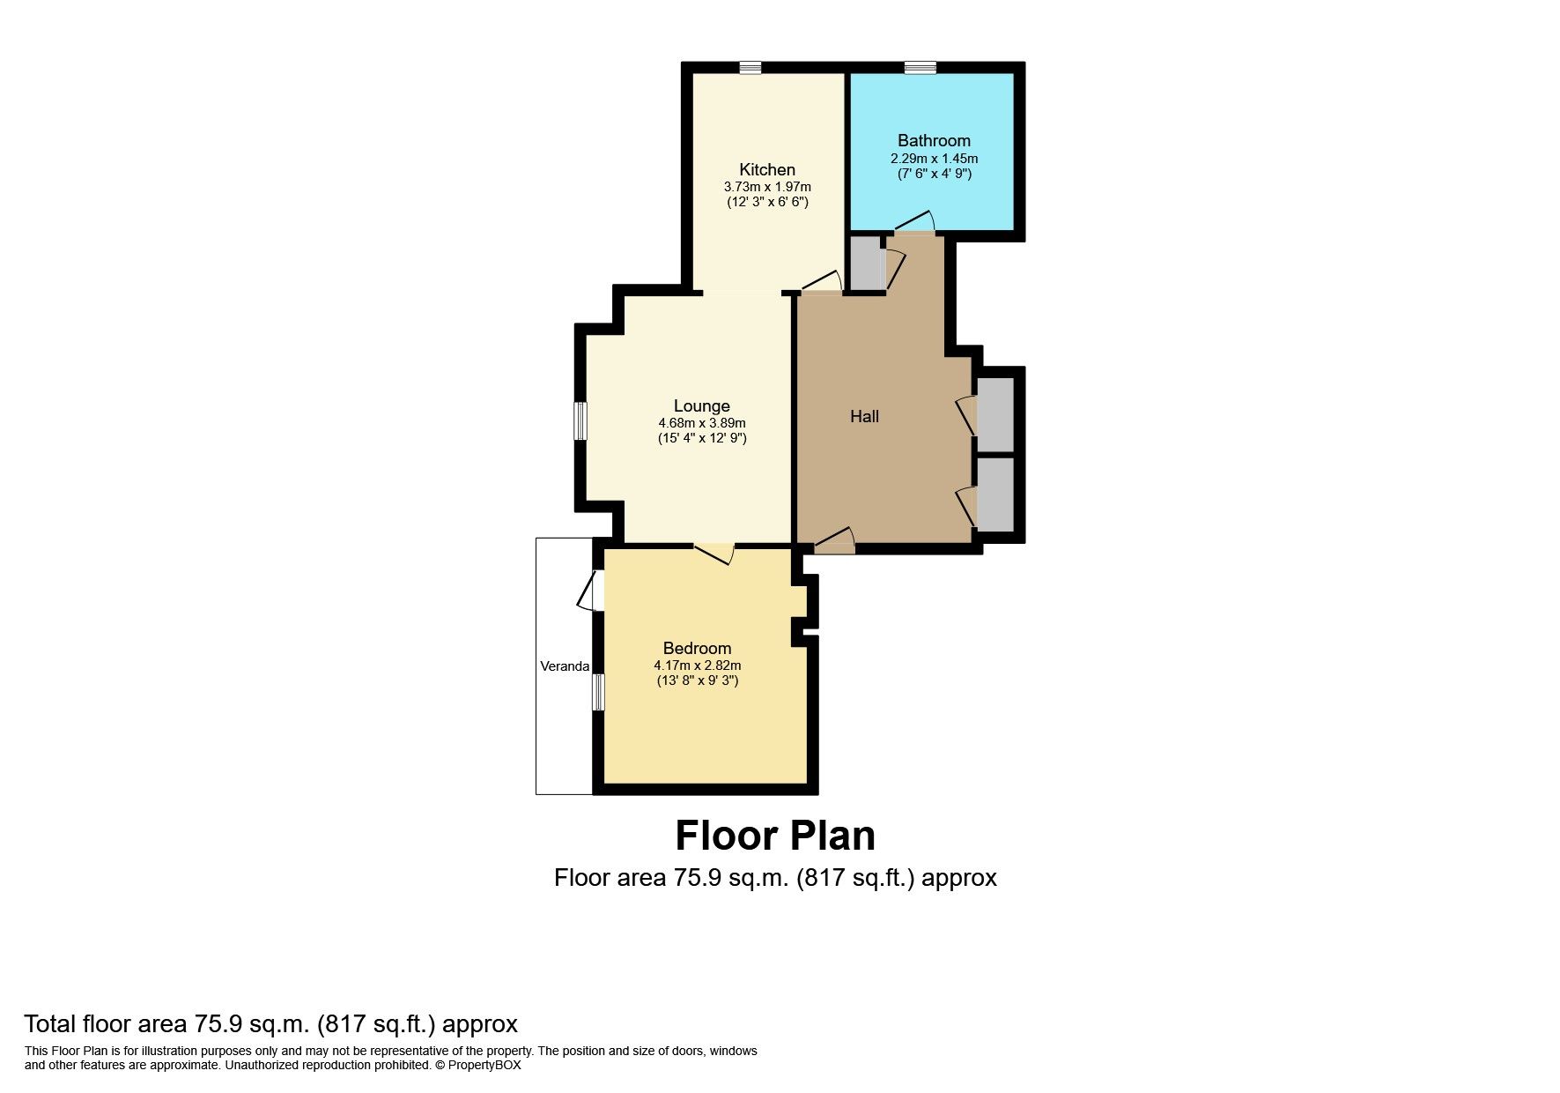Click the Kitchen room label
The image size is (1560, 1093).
(766, 169)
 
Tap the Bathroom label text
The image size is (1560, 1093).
(934, 140)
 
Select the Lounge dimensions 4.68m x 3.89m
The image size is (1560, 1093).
(701, 423)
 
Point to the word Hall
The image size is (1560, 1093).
(864, 416)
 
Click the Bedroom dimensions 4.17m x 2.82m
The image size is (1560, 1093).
(697, 665)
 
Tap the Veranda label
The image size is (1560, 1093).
(565, 666)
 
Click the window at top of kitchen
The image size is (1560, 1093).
(750, 68)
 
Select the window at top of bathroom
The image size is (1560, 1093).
(920, 68)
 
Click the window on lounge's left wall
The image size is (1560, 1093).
(580, 420)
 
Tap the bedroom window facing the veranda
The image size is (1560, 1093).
(598, 692)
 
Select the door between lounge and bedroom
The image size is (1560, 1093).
(714, 553)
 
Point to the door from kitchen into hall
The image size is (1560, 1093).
(822, 283)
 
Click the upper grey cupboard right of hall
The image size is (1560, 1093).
(995, 414)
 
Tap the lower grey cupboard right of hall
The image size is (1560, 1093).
(995, 494)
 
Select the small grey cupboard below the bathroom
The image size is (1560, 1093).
(867, 263)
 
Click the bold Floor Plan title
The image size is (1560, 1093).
(775, 836)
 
